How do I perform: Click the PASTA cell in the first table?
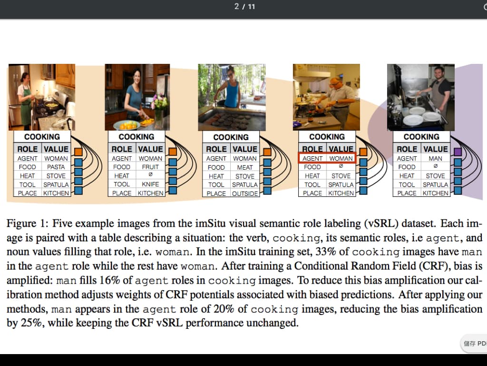coord(56,167)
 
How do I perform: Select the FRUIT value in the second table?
coord(150,167)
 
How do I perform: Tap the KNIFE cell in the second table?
coord(150,184)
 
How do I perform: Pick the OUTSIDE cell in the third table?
coord(245,193)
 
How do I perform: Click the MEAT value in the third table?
coord(245,167)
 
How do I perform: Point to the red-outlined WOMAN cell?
coord(341,158)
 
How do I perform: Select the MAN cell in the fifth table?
coord(436,158)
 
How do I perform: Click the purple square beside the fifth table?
coord(458,152)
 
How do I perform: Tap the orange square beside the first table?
coord(78,152)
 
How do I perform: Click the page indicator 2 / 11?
coord(245,7)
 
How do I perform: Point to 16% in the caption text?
coord(110,280)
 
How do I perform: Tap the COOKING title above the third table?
coord(231,137)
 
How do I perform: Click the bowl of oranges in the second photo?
coord(127,125)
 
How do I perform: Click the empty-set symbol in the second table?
coord(150,174)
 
